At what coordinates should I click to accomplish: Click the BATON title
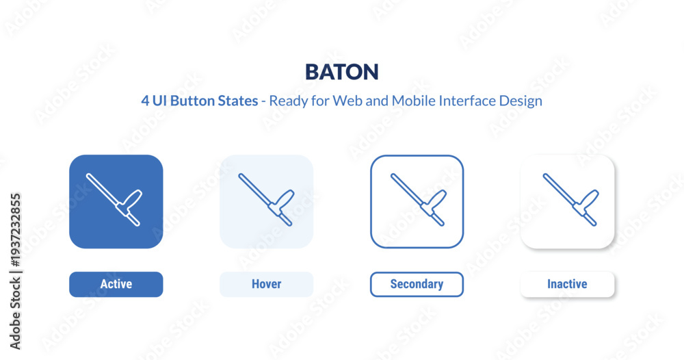pyautogui.click(x=341, y=72)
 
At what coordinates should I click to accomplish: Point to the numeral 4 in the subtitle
pyautogui.click(x=145, y=101)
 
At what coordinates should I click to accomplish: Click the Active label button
pyautogui.click(x=116, y=284)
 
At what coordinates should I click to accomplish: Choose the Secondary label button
pyautogui.click(x=417, y=284)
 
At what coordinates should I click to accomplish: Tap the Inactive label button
pyautogui.click(x=567, y=284)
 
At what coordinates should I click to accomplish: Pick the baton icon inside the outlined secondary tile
pyautogui.click(x=419, y=199)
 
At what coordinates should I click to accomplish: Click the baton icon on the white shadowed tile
pyautogui.click(x=571, y=199)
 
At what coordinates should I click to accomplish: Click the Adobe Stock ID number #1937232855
pyautogui.click(x=15, y=230)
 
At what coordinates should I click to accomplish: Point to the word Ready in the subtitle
pyautogui.click(x=284, y=101)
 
